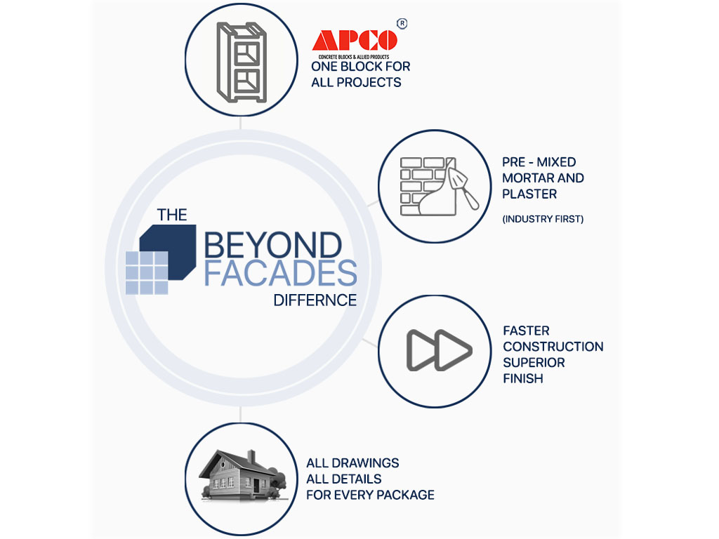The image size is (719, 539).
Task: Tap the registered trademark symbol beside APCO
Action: [x=402, y=23]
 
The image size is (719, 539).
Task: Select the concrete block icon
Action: [x=242, y=62]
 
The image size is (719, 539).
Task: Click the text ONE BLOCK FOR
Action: [x=361, y=67]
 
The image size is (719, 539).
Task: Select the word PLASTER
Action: [x=529, y=194]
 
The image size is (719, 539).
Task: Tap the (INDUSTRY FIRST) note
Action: [x=543, y=219]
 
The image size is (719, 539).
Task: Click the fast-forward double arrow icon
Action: [x=440, y=349]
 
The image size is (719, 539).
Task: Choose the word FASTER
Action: [x=527, y=331]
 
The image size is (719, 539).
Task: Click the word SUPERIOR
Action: [x=534, y=363]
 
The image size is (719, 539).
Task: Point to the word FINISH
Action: [x=523, y=379]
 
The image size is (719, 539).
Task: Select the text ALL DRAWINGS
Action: [x=352, y=463]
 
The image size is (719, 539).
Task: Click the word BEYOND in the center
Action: [x=272, y=246]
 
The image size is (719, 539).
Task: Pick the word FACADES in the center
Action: [x=280, y=273]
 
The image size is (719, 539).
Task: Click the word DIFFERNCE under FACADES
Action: [x=315, y=300]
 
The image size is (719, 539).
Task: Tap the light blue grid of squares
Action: [x=147, y=272]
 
